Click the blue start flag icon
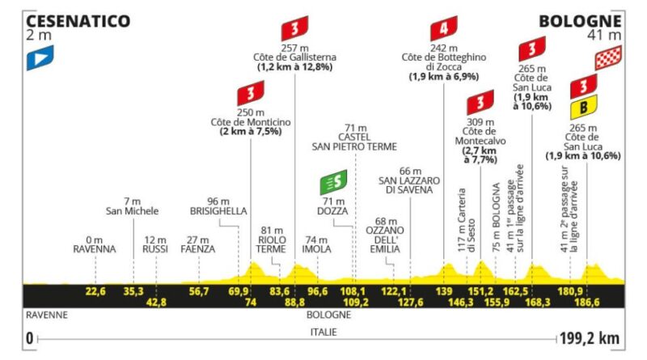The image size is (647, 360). [x=40, y=57]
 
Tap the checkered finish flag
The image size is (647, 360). [x=608, y=57]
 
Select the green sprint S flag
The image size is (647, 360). [x=333, y=182]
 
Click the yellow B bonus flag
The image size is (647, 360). [x=583, y=108]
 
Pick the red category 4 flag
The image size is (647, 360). [x=443, y=28]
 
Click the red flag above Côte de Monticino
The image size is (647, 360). [x=251, y=93]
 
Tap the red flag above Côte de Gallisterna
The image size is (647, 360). [x=294, y=28]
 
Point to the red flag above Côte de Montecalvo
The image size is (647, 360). [x=480, y=103]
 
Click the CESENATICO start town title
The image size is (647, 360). [x=78, y=21]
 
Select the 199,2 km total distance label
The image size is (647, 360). [x=590, y=338]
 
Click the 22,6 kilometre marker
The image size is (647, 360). [x=95, y=291]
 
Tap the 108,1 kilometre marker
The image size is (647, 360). [x=353, y=291]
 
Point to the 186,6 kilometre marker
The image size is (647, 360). [x=587, y=303]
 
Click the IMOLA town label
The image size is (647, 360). [x=316, y=249]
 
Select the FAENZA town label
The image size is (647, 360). [x=197, y=249]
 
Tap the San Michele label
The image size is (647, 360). [x=132, y=211]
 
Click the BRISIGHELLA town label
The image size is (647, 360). [x=218, y=211]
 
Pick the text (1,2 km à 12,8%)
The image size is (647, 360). [x=294, y=67]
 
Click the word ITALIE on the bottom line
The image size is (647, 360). [x=323, y=332]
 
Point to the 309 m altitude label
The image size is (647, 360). [x=480, y=122]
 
